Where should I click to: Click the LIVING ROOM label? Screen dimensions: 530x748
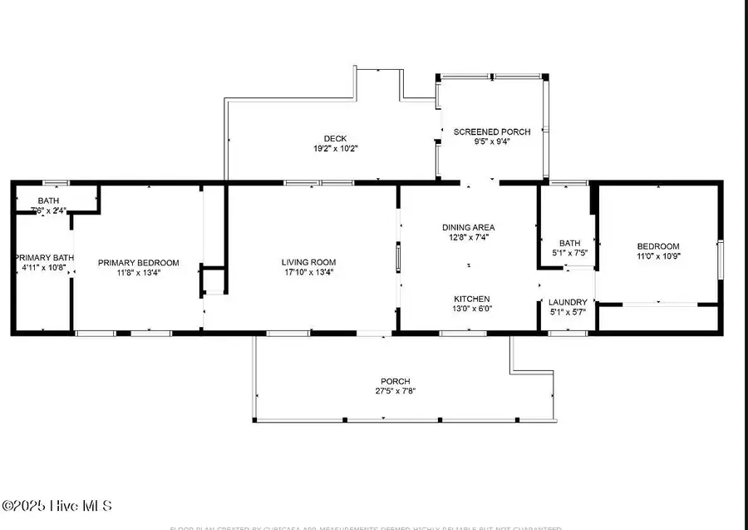[x=308, y=262]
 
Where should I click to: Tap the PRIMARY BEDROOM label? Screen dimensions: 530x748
[x=138, y=263]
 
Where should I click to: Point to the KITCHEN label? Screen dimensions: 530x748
[x=471, y=299]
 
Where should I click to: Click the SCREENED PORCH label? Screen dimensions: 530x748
[x=492, y=131]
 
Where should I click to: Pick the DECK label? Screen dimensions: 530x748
[x=335, y=138]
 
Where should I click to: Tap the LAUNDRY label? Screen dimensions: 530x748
[x=568, y=302]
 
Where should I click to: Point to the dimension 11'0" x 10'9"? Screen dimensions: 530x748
[x=658, y=256]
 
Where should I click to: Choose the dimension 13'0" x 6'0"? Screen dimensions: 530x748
[x=471, y=309]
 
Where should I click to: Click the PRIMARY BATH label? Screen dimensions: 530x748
[x=42, y=258]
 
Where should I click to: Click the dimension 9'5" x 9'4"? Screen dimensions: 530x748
[x=492, y=141]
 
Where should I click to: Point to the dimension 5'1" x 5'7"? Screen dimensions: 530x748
[x=568, y=312]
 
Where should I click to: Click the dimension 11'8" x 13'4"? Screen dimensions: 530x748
[x=138, y=273]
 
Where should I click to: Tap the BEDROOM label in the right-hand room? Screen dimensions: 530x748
[x=658, y=246]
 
